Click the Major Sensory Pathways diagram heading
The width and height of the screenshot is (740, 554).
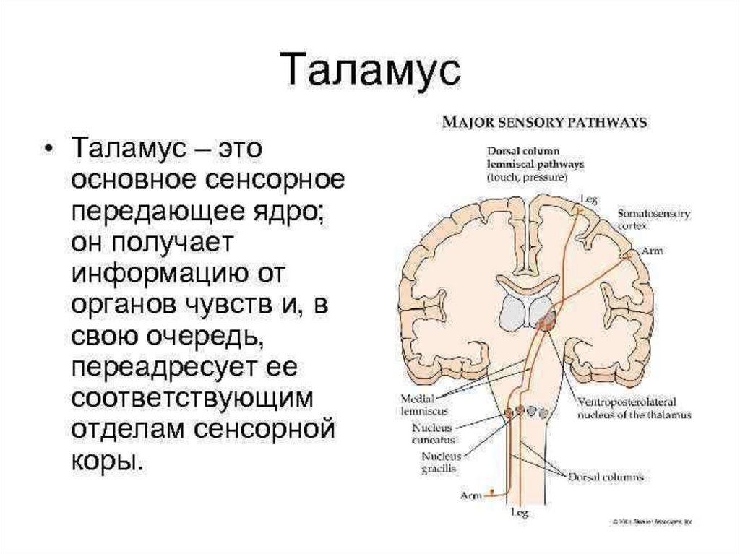pos(545,123)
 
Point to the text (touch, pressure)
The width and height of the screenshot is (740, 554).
pos(526,177)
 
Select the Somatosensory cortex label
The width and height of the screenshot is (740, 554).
pos(654,220)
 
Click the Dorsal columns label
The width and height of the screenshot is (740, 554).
pos(608,477)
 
